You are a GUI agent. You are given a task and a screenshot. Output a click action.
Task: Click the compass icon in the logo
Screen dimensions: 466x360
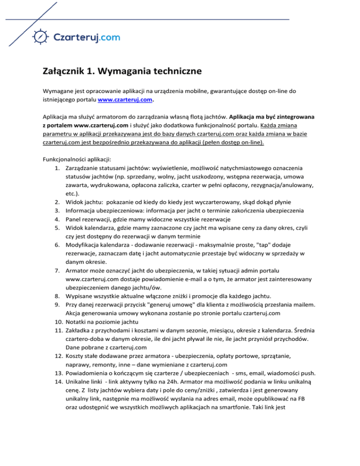41,36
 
